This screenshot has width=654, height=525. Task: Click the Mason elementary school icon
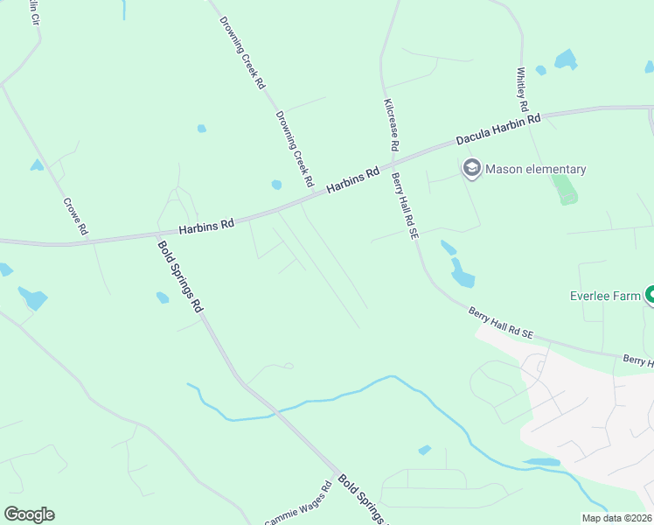tap(472, 168)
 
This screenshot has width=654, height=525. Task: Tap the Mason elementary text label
tap(535, 169)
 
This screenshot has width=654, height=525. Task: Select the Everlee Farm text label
tap(606, 297)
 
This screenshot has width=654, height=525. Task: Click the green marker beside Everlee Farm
tap(650, 296)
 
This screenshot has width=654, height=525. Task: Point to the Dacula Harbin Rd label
tap(499, 129)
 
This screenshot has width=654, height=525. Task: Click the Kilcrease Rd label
tap(391, 126)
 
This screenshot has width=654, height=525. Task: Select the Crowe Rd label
tap(76, 216)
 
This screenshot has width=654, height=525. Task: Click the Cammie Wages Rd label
tap(298, 505)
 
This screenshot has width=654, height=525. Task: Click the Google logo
tap(29, 514)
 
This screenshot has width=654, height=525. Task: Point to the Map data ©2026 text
tap(616, 518)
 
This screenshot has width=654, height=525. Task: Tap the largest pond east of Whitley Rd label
tap(566, 59)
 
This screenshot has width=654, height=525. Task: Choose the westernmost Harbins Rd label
tap(206, 226)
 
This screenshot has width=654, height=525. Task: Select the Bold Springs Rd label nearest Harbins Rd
tap(180, 276)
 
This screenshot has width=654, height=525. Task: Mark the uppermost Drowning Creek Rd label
tap(242, 52)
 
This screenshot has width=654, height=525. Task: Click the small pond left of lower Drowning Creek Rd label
tap(276, 185)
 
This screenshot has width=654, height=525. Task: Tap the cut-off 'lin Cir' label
tap(34, 12)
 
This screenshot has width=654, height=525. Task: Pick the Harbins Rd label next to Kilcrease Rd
tap(352, 181)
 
